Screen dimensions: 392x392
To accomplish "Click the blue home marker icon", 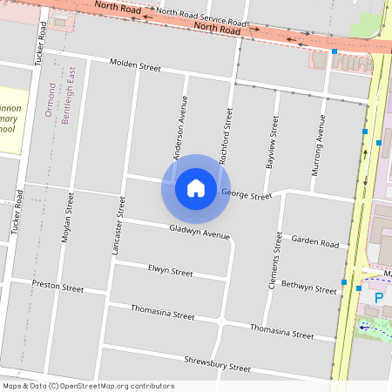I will click(195, 188).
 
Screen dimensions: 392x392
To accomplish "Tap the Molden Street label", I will click(135, 66).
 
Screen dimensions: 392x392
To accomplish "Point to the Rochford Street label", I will click(229, 136).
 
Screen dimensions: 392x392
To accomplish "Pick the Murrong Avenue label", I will click(320, 141).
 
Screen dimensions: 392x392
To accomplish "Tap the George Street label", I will click(247, 195).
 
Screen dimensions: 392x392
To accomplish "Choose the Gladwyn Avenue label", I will click(200, 231).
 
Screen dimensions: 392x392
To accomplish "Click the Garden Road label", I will click(314, 242).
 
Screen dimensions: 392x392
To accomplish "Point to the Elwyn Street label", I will click(170, 272).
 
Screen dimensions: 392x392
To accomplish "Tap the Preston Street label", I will click(57, 286).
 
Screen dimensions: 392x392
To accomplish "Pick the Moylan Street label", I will click(66, 218).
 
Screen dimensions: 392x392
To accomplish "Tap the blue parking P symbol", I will click(378, 298).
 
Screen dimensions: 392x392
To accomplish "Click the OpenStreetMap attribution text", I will click(87, 386).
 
